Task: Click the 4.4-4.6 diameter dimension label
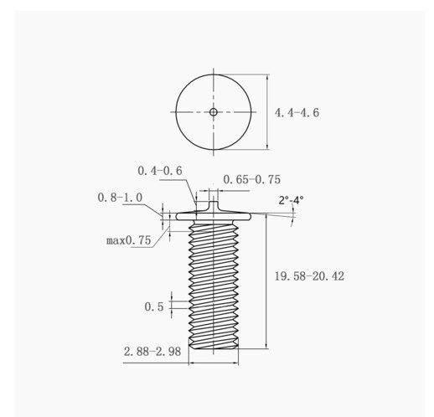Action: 297,113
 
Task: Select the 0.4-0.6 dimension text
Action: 160,171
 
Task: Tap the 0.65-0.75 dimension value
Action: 251,179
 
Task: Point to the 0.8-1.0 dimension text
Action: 120,198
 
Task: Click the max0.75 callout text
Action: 129,240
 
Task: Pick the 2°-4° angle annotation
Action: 291,200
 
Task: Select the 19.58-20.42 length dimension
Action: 309,276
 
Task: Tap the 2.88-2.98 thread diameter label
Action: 152,352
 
